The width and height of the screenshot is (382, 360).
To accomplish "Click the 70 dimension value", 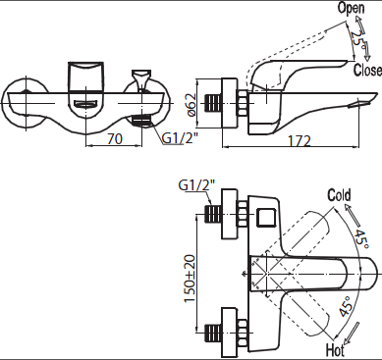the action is click(115, 138).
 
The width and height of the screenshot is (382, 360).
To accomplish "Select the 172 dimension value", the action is click(300, 141).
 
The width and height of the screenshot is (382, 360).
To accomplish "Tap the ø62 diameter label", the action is click(191, 105).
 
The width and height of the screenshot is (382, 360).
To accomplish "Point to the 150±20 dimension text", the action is click(191, 279).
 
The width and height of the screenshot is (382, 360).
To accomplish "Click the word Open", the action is click(351, 8).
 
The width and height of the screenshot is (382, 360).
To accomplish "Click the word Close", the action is click(367, 70).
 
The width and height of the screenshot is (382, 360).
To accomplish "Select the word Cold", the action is click(339, 195).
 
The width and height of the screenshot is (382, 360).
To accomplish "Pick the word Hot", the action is click(335, 350).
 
